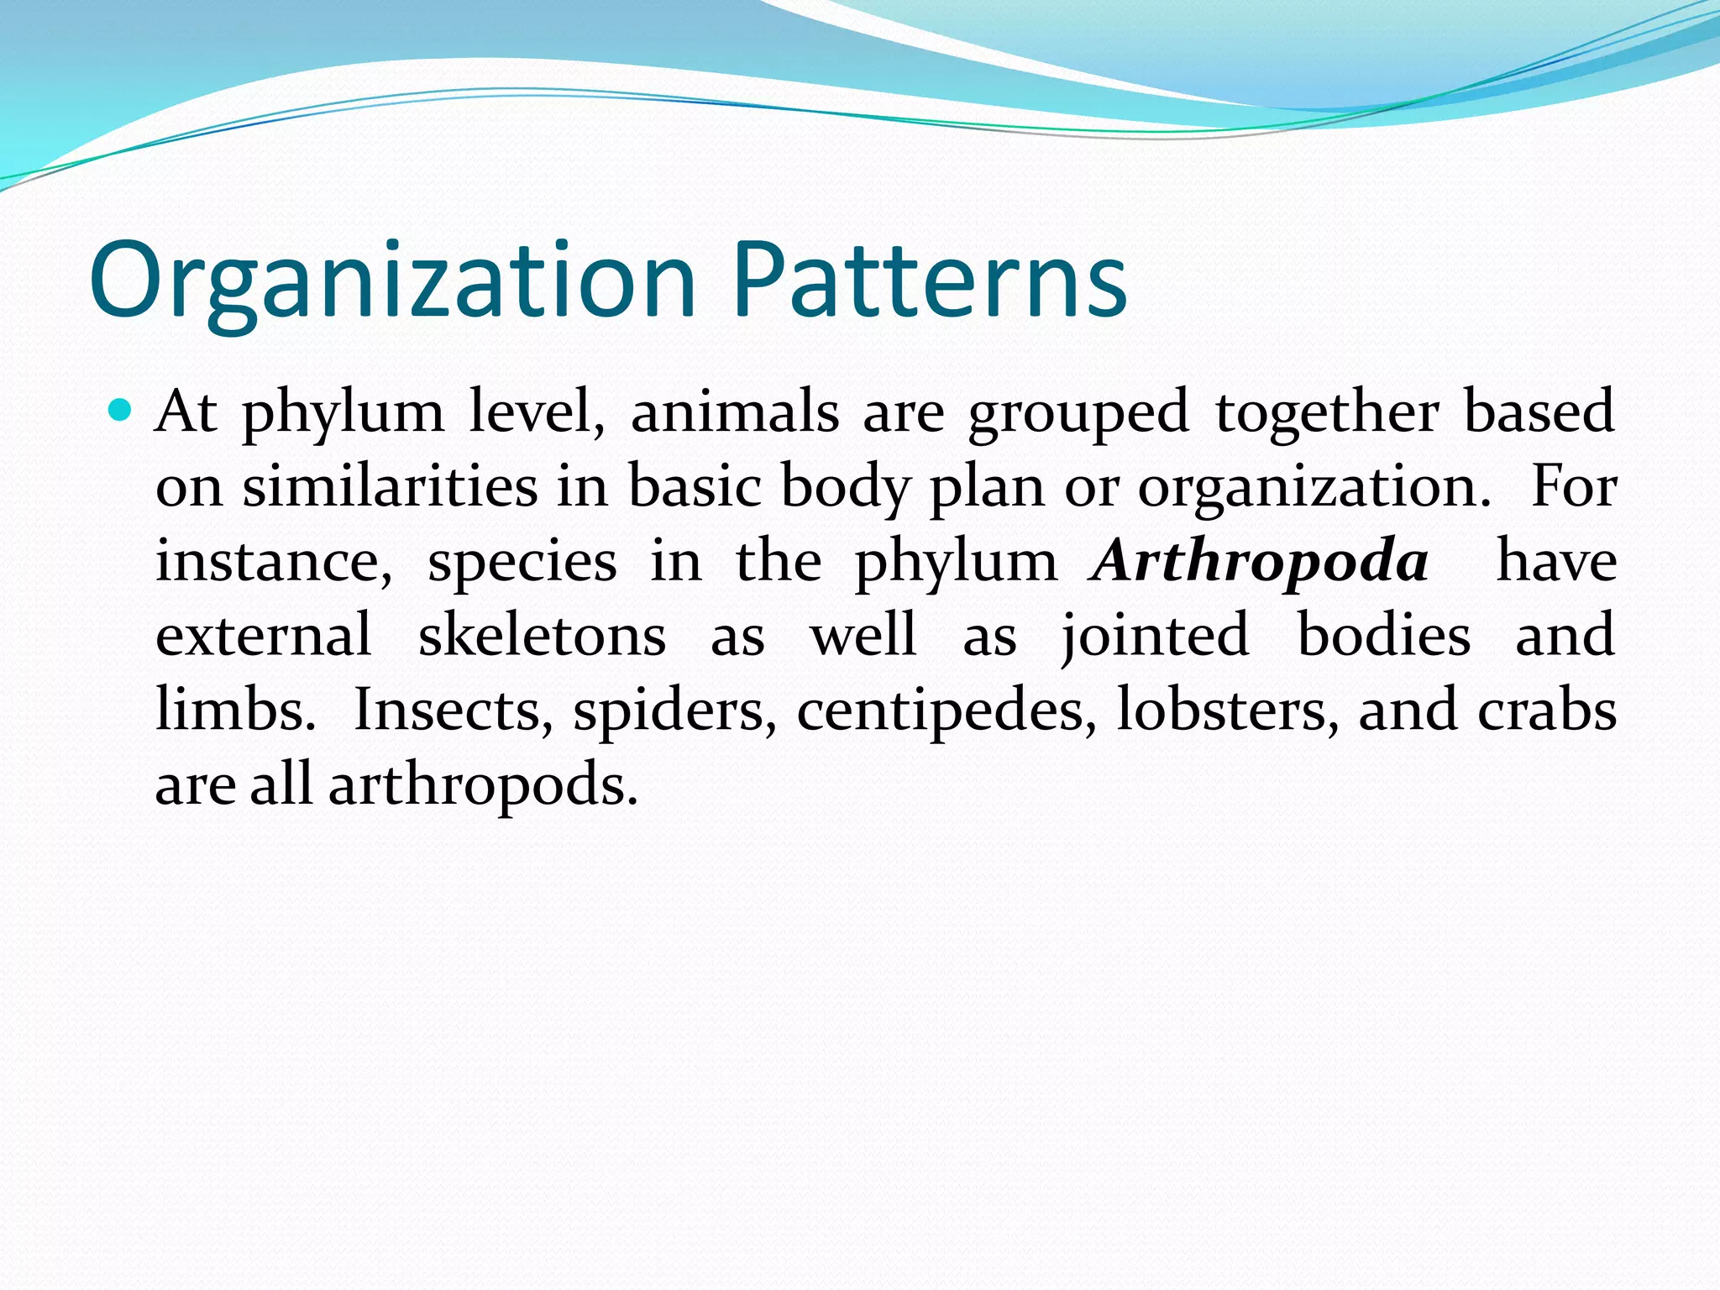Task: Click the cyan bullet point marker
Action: coord(121,411)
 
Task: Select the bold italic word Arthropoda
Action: coord(1258,561)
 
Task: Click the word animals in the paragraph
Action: coord(735,412)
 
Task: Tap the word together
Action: coord(1327,412)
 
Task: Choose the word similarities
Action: coord(390,487)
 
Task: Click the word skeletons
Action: coord(542,635)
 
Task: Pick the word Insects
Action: coord(453,711)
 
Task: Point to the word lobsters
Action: coord(1227,711)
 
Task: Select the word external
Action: coord(264,635)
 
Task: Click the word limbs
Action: coord(235,711)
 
